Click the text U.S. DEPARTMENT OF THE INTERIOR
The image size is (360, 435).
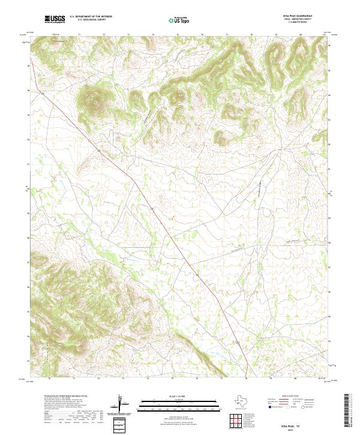[91, 17]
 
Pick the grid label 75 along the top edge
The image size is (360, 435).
[178, 35]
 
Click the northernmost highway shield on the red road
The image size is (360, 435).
[43, 94]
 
